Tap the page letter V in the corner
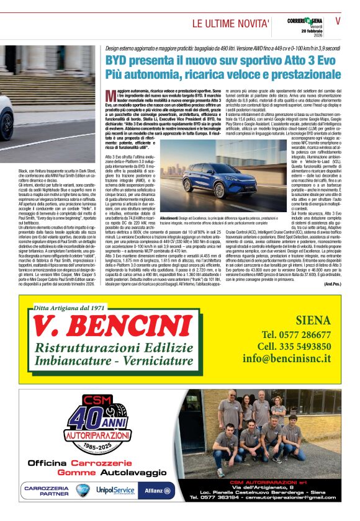[x=338, y=20]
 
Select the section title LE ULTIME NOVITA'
[x=231, y=24]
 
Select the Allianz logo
[x=158, y=490]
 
